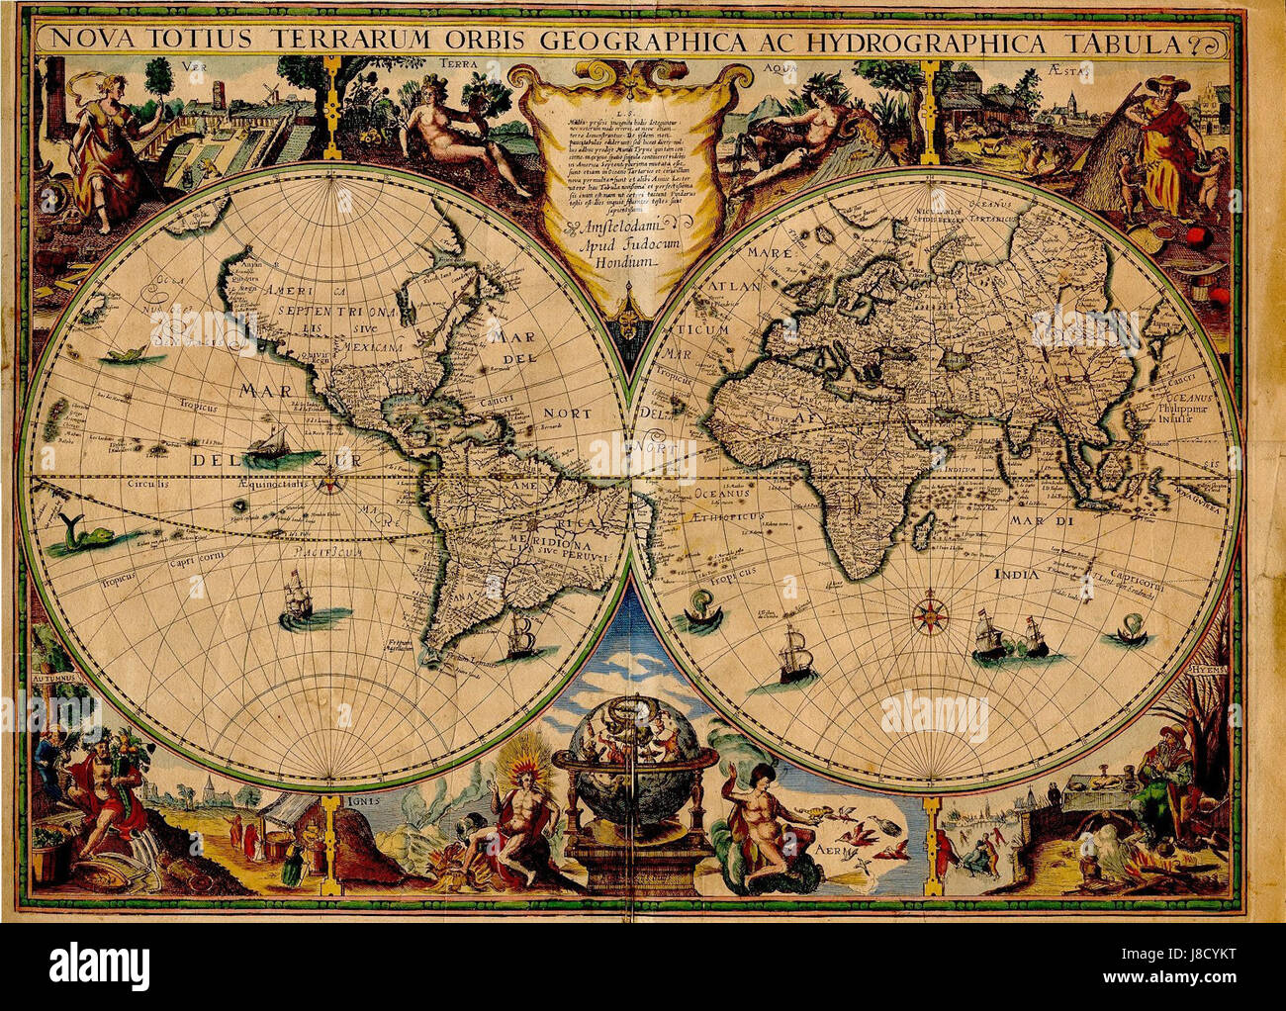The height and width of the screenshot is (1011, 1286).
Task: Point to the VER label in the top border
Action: pyautogui.click(x=195, y=68)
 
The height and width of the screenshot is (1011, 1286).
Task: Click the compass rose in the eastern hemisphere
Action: pyautogui.click(x=929, y=610)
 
